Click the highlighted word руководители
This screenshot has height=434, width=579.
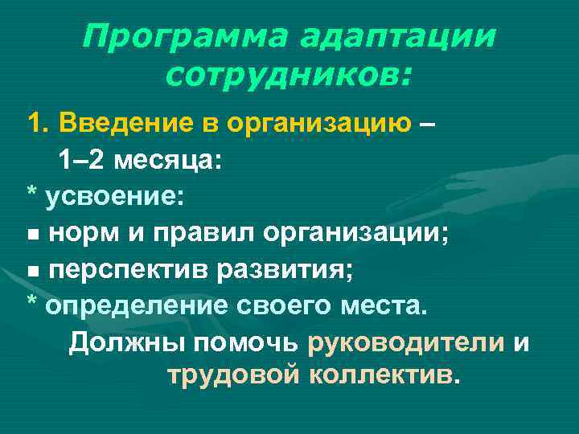(406, 343)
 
